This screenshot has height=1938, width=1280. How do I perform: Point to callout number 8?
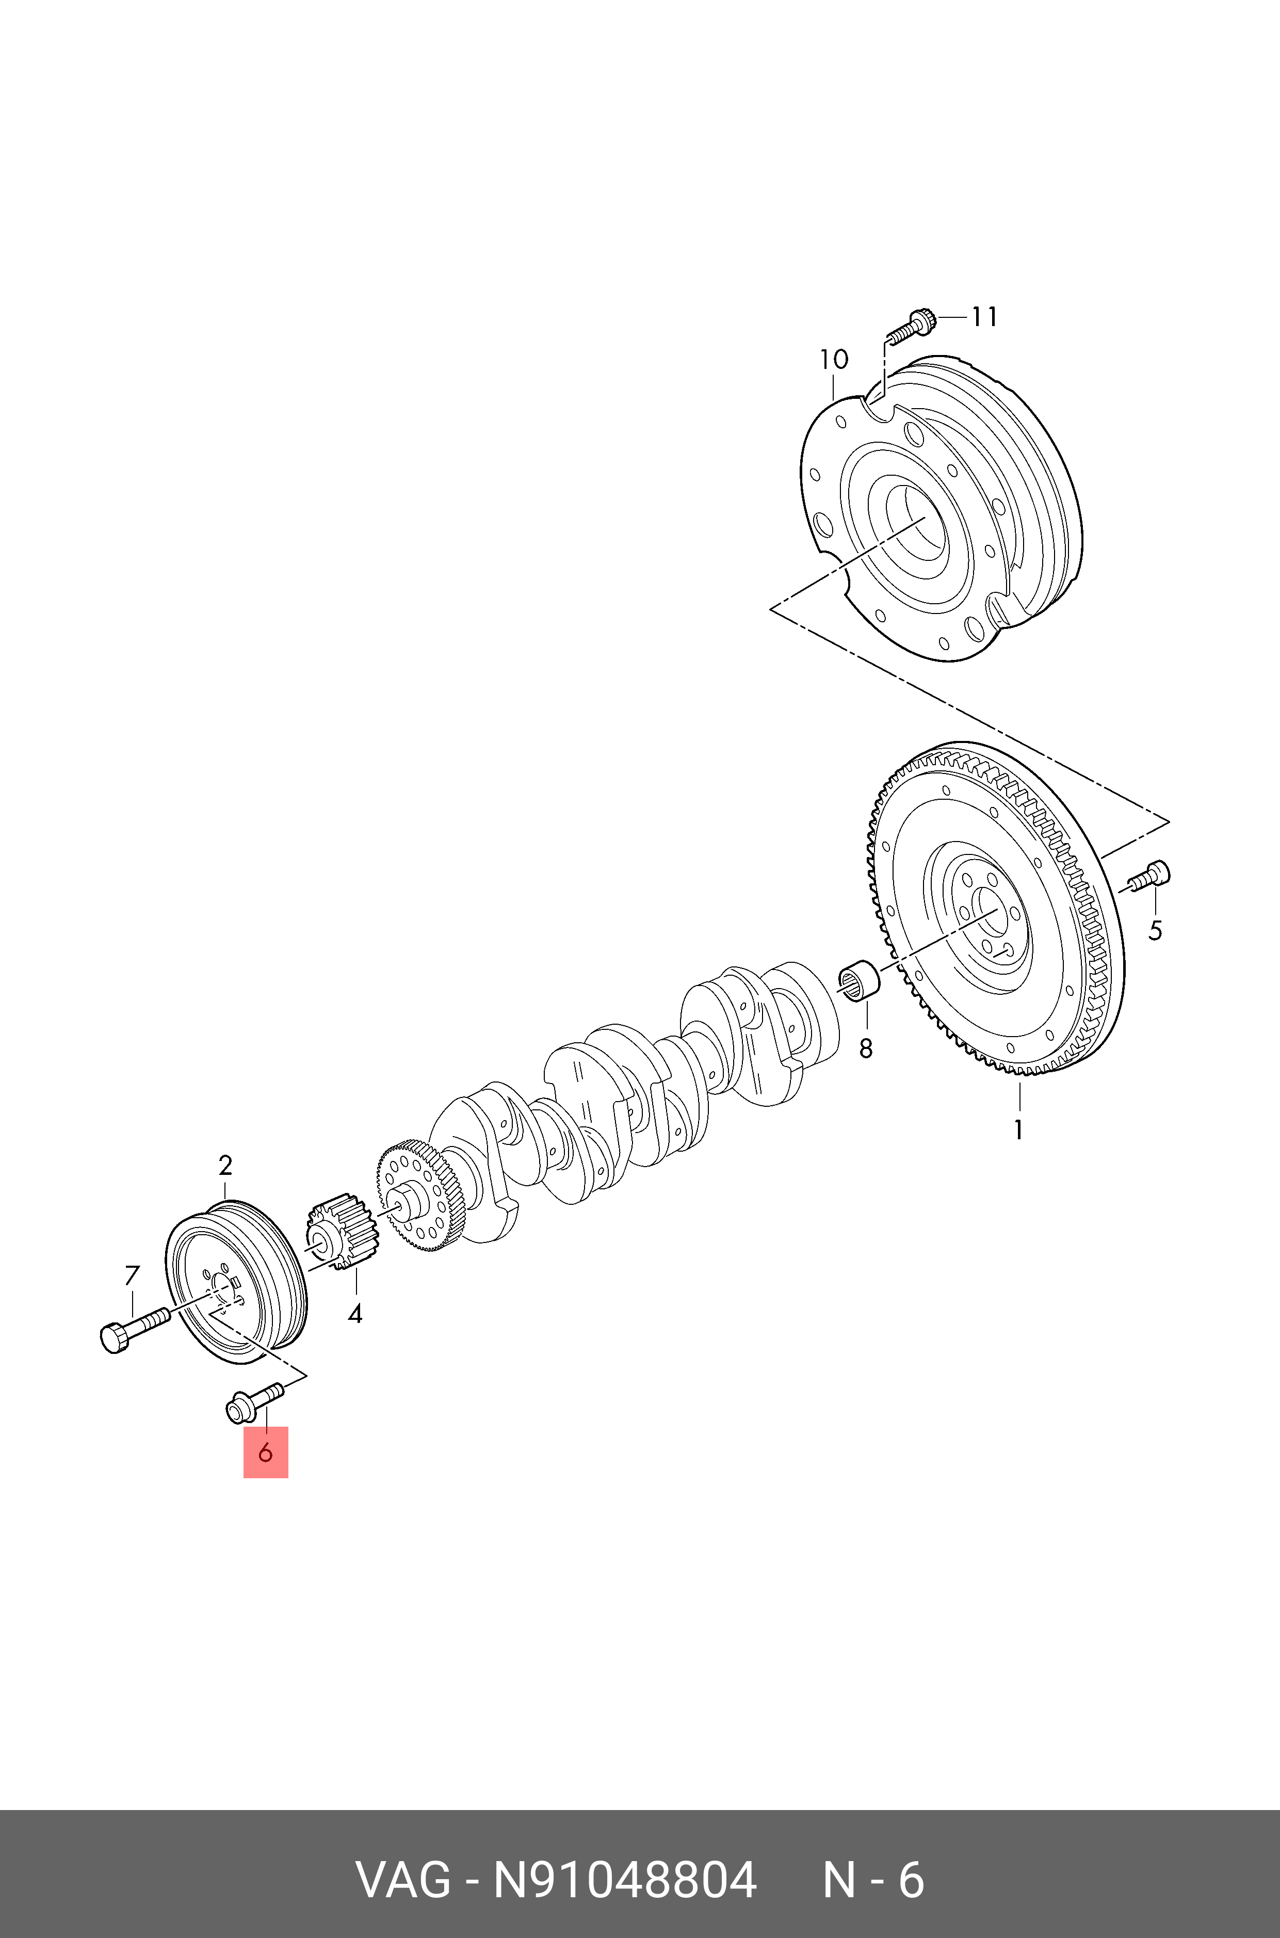[x=865, y=1048]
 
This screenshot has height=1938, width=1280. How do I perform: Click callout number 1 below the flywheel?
[x=1018, y=1130]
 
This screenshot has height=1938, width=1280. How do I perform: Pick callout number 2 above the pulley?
[x=225, y=1166]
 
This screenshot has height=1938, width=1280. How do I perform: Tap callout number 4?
[x=355, y=1314]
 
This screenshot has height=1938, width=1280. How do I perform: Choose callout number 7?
[x=132, y=1274]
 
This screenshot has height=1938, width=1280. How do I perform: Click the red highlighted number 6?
[x=265, y=1453]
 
